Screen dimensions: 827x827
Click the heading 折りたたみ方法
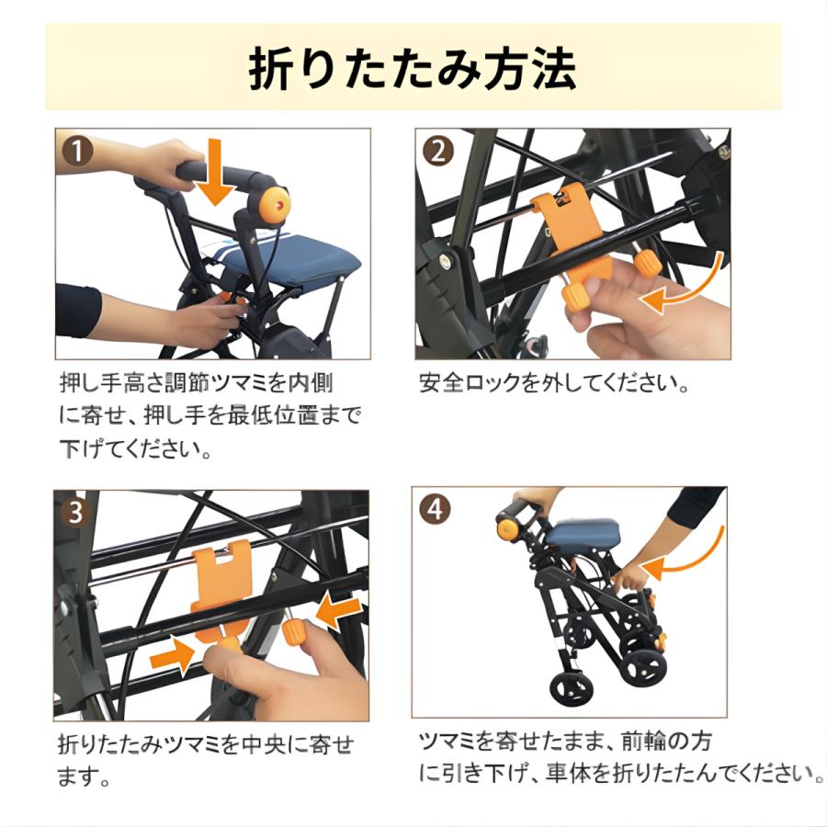pos(413,70)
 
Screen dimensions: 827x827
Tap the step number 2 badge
pos(440,149)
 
